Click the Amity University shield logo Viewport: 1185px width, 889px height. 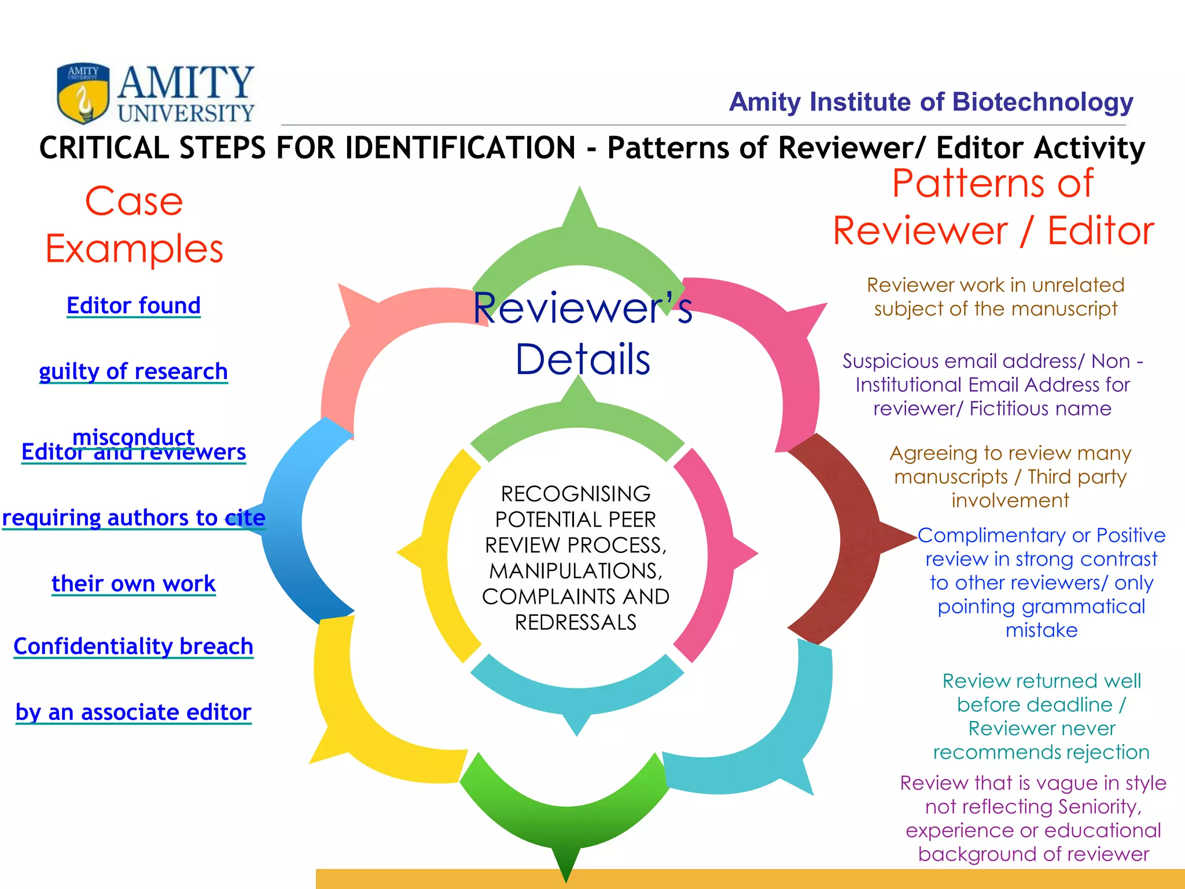83,93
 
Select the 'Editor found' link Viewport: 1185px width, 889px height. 134,306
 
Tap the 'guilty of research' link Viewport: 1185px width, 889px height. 134,371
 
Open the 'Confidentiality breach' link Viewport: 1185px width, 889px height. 134,646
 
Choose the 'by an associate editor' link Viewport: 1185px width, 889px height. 134,712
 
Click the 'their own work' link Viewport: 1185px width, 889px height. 134,583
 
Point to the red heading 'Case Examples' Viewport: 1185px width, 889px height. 134,225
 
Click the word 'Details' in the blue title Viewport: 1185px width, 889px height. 583,359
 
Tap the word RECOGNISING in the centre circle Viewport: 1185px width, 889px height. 576,494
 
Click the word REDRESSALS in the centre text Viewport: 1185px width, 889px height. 576,623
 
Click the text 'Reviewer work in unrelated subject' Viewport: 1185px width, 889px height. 995,297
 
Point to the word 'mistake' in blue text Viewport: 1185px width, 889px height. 1042,630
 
